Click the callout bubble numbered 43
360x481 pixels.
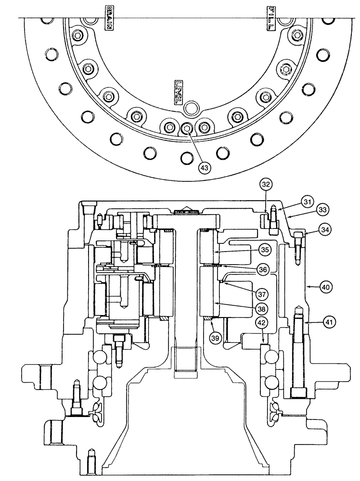[x=206, y=167]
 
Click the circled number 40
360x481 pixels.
[x=326, y=287]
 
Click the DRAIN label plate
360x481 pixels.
[x=109, y=19]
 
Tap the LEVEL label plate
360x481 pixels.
[x=178, y=92]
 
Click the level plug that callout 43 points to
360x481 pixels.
[x=187, y=127]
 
